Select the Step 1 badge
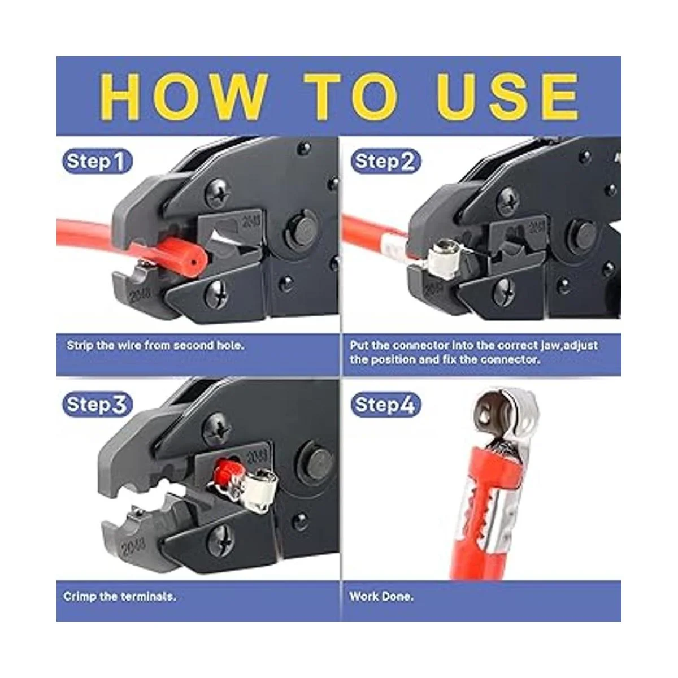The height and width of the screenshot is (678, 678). (97, 162)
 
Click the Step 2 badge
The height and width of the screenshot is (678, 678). (386, 161)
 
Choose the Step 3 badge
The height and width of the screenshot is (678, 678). (97, 405)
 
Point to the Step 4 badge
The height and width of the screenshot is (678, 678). (386, 405)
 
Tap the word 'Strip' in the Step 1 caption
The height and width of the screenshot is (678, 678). (79, 346)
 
